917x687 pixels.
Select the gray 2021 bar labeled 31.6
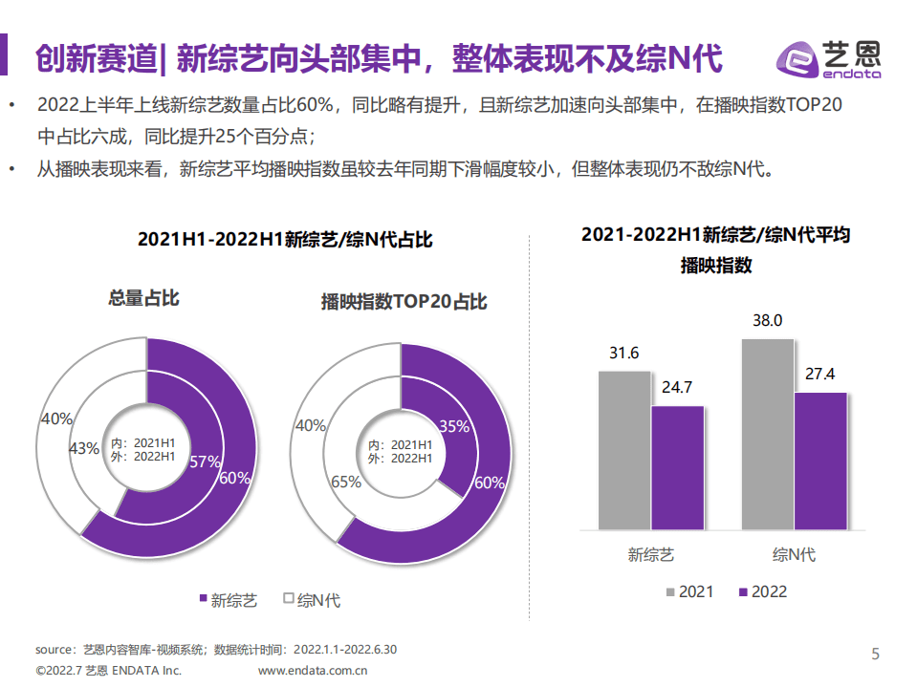[x=624, y=449]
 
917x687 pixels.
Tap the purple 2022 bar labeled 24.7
[x=677, y=466]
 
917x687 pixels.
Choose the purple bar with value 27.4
[x=820, y=460]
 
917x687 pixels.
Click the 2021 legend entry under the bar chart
[x=688, y=591]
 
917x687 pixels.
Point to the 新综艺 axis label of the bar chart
[x=651, y=554]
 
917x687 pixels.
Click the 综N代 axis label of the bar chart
[x=794, y=554]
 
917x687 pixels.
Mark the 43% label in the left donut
[x=84, y=448]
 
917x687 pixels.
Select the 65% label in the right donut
[x=345, y=482]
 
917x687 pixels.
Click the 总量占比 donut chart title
[x=143, y=298]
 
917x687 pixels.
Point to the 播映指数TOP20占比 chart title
[x=404, y=302]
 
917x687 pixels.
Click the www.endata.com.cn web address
[x=314, y=671]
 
